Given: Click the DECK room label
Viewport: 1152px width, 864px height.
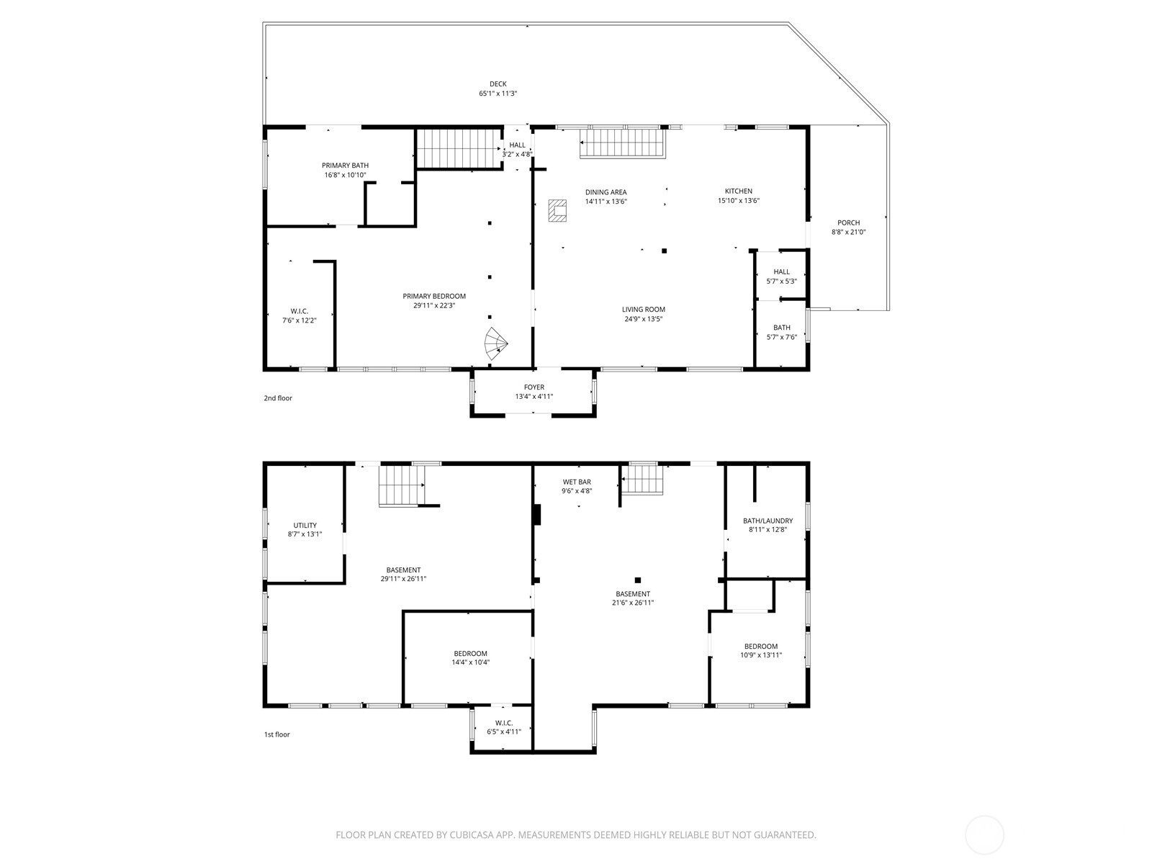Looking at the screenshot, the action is (498, 84).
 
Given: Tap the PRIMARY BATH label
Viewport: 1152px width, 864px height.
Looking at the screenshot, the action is (346, 166).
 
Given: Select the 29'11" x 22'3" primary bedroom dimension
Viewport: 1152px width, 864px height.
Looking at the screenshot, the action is (434, 305).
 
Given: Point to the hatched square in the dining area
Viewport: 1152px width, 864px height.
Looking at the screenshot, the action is (557, 210).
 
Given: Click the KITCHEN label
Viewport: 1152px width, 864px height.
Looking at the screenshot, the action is (739, 192).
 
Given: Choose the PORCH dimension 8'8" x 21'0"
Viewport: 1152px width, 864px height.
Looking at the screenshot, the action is (849, 232).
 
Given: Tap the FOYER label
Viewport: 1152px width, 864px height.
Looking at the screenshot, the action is (534, 387).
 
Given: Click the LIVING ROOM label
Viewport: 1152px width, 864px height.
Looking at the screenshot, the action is (644, 310).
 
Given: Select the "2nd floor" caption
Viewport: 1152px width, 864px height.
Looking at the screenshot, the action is (278, 398).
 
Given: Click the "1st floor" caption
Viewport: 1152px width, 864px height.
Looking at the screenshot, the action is (277, 734).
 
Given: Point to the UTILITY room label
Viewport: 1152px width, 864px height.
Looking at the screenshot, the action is (305, 525).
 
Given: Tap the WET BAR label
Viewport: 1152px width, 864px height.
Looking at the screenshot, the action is (577, 482).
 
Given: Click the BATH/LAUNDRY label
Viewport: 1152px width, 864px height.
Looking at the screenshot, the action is (768, 521).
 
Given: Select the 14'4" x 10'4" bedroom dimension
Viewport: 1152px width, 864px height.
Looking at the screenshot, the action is (471, 662).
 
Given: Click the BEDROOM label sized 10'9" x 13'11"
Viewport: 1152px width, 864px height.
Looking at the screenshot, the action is (761, 647).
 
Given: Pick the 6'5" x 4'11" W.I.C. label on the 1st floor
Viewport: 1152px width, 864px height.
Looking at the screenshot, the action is (504, 727).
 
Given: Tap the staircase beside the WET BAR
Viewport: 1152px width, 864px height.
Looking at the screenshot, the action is (643, 479).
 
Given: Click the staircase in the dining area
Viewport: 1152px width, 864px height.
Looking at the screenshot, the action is (623, 143).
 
